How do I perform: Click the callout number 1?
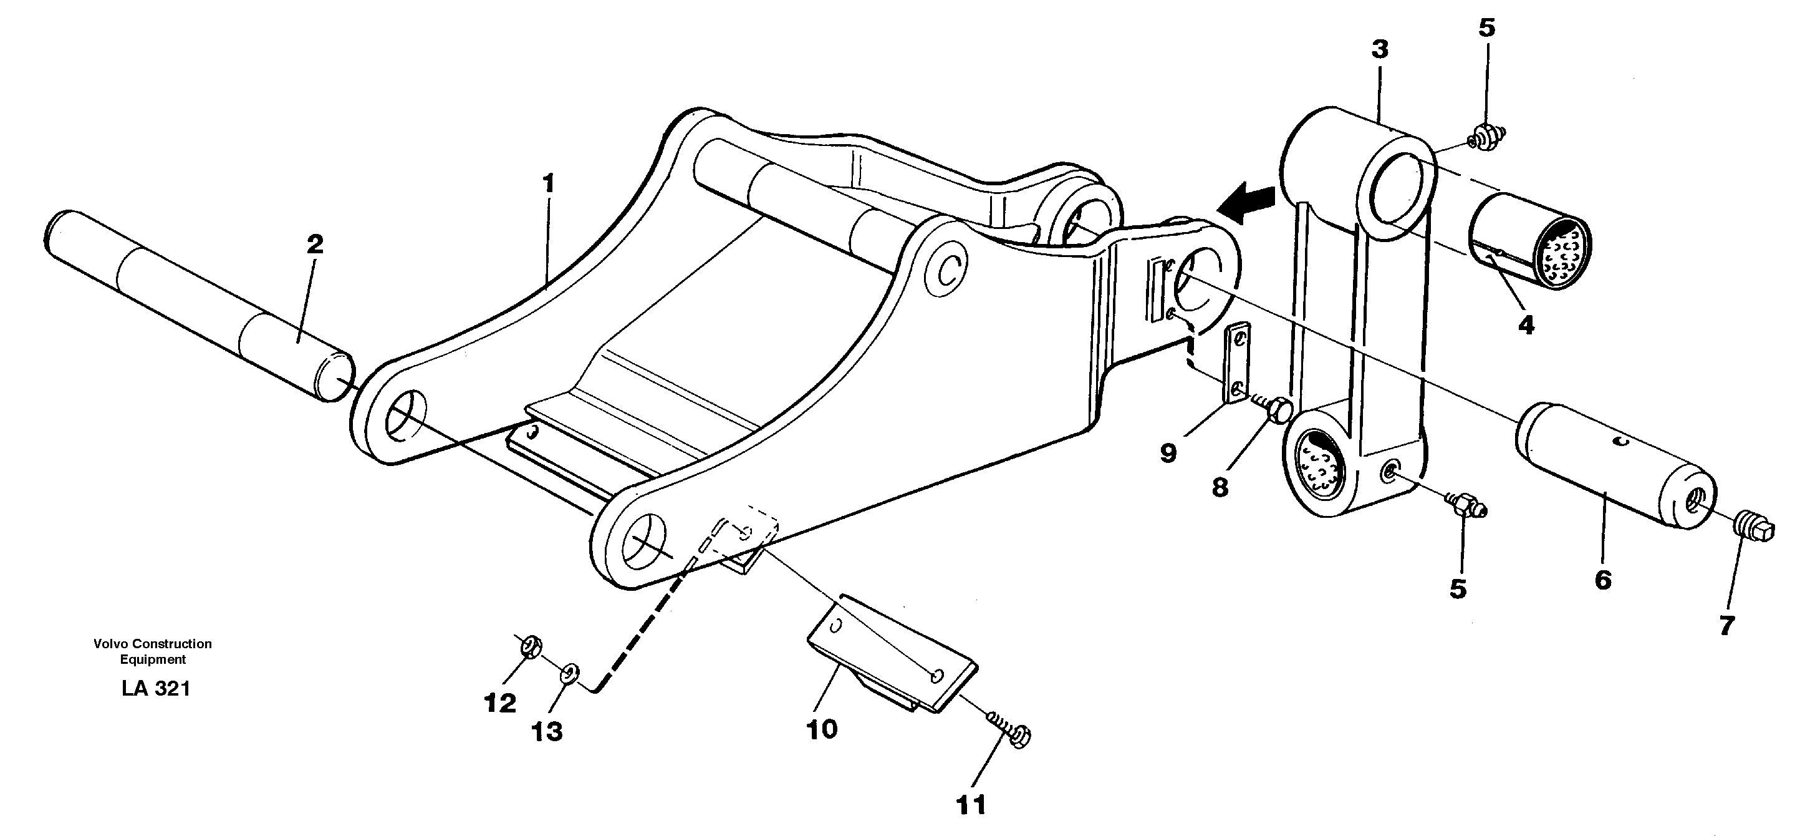549,184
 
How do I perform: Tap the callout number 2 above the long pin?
315,245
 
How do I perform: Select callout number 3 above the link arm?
1379,50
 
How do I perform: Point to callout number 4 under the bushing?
1526,325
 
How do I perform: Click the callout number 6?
1602,580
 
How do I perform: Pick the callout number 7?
1726,626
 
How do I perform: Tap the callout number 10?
822,730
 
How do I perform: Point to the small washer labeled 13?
569,674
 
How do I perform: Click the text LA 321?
156,689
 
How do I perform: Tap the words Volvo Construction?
152,644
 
